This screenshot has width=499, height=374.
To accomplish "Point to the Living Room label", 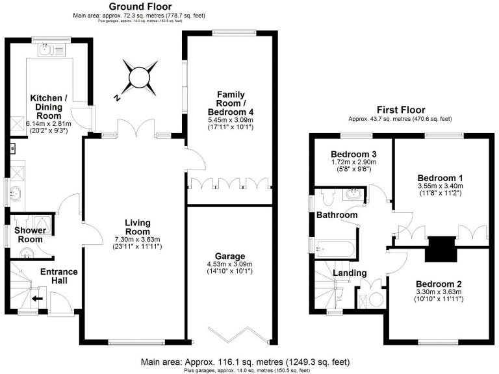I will click(x=138, y=227).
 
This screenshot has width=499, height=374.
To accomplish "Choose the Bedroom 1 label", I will click(x=439, y=178).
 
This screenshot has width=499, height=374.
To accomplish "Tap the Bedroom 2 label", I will click(x=439, y=284).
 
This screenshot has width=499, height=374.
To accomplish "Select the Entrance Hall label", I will click(x=59, y=276).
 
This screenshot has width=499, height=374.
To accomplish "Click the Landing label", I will click(x=350, y=273).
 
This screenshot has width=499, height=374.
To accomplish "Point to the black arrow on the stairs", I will click(x=38, y=299).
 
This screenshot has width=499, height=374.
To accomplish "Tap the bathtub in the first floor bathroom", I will click(x=333, y=249).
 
